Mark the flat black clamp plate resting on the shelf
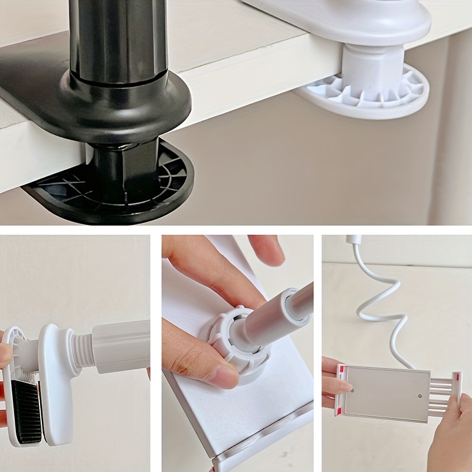[35, 88]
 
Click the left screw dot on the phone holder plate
[352, 389]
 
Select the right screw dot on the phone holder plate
[419, 396]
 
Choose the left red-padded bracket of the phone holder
[340, 389]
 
